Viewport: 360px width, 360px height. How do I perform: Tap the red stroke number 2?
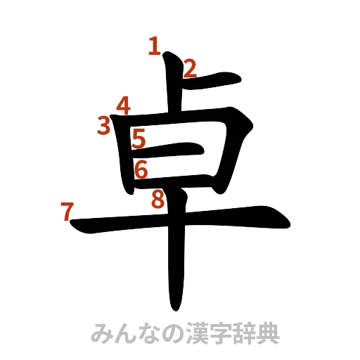click(x=190, y=68)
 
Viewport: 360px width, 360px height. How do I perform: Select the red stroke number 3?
click(x=105, y=126)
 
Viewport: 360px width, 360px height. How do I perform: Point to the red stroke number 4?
click(x=124, y=106)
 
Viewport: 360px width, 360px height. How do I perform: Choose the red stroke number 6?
click(x=141, y=169)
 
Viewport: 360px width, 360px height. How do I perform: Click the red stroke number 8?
click(x=158, y=201)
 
